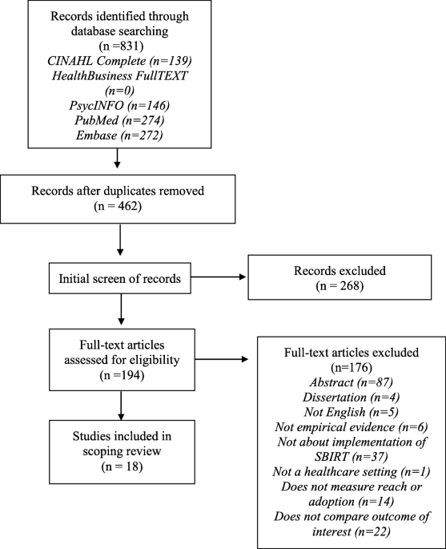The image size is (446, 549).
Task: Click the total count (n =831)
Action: [x=119, y=46]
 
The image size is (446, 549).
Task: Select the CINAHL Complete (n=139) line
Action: [x=119, y=61]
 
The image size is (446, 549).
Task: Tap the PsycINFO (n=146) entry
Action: [x=119, y=105]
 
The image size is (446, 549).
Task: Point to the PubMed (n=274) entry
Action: [x=119, y=120]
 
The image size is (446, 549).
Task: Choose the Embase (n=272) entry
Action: [x=119, y=135]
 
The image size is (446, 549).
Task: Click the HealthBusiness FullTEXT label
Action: [x=119, y=75]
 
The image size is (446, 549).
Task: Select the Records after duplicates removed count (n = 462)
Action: [x=118, y=206]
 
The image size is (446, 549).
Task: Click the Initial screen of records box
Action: [x=120, y=278]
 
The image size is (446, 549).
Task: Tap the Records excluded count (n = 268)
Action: [x=340, y=286]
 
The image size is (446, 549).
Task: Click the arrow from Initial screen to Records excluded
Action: [x=219, y=277]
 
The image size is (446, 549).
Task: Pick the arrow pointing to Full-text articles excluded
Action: [x=222, y=359]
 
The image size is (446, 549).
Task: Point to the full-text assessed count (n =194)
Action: [x=122, y=375]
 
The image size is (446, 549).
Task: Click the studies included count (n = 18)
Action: [x=122, y=467]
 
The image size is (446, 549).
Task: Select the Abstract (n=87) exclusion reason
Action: [x=352, y=382]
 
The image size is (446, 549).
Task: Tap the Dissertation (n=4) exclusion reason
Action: [x=352, y=398]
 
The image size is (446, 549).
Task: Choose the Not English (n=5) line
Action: [x=352, y=412]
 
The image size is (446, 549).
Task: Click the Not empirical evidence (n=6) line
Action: [x=352, y=427]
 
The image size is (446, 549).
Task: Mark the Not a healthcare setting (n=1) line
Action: [x=352, y=472]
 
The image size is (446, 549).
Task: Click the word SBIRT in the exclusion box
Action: [x=331, y=457]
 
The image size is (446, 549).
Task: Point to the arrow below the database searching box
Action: [x=118, y=158]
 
